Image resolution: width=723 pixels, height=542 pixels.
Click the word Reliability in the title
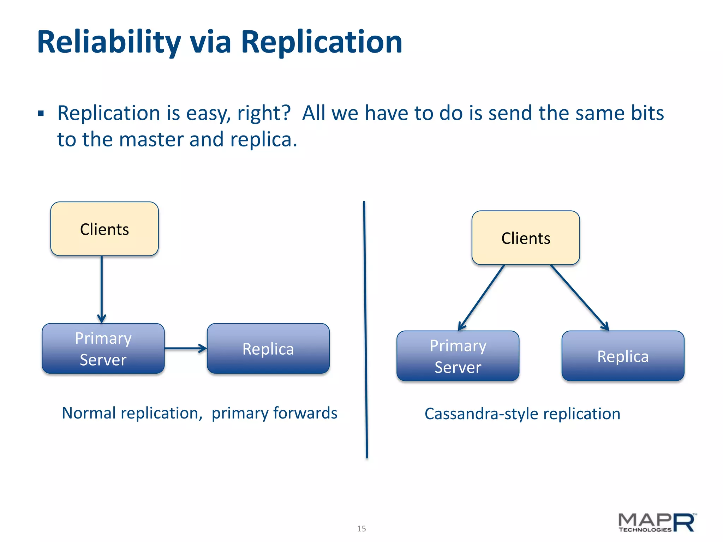coord(109,42)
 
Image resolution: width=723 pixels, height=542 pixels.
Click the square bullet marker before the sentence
coord(41,114)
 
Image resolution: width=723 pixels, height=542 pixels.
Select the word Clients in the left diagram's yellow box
coord(104,229)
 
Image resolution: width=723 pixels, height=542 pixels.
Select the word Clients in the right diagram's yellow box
coord(526,239)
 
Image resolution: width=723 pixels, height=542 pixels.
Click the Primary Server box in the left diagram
coord(103,349)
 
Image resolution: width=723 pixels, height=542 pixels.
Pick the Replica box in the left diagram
coord(268,349)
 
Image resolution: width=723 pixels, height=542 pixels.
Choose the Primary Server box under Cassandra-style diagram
coord(458,356)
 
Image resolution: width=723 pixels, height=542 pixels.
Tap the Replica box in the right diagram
coord(623,356)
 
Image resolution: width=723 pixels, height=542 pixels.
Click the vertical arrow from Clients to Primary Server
coord(102,288)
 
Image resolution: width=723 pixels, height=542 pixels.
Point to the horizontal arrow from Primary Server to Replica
coord(185,349)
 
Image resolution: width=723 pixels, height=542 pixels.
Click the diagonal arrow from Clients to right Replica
coord(579,297)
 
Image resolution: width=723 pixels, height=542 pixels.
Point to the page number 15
coord(361,529)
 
